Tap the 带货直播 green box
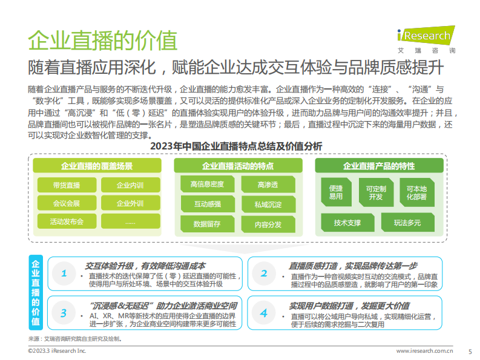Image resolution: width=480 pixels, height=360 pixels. coord(65,185)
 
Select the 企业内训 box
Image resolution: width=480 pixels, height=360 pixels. coord(130,185)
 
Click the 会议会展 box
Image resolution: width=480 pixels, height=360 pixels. coord(65,203)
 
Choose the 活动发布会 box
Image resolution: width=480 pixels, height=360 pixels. coord(65,221)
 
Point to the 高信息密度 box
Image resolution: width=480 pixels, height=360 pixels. coord(207,184)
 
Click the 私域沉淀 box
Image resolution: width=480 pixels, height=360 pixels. coord(268,205)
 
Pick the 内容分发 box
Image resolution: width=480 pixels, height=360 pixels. coord(268,224)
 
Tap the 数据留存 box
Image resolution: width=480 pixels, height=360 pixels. coord(207,224)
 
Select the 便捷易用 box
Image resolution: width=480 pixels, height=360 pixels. coord(336,192)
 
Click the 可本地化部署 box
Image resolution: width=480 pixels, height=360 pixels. coord(416,192)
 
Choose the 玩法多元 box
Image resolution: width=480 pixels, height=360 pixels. coord(407,223)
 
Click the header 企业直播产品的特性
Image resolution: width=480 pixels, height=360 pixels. coord(379,166)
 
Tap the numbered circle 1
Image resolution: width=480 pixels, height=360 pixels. coord(64,273)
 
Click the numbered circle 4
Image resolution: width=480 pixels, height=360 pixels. coord(264,313)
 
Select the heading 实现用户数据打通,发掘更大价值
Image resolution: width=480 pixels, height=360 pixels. coord(349,306)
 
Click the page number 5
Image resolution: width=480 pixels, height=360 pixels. coord(470,352)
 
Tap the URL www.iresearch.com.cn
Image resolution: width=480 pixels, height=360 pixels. coord(424,351)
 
